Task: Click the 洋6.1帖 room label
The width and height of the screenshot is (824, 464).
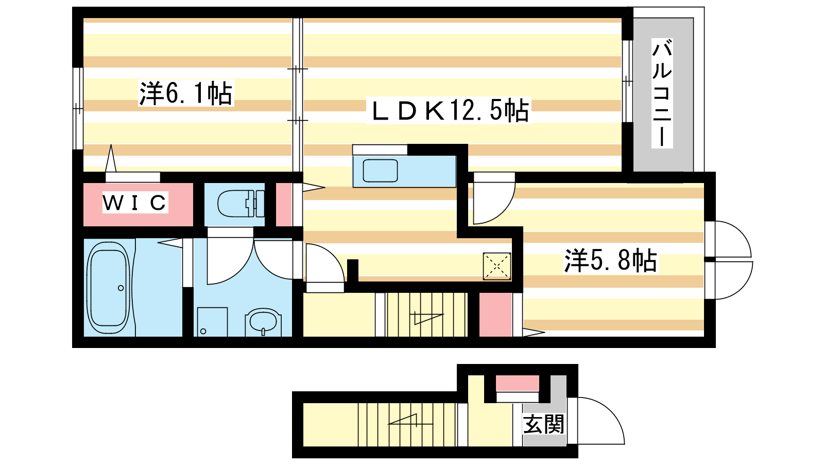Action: pos(186,93)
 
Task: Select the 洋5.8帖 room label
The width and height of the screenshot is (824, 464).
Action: pos(611,260)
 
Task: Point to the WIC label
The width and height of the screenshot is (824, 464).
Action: pos(134,202)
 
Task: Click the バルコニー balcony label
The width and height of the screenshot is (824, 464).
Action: pos(662,93)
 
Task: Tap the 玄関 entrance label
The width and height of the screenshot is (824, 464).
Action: pos(544,424)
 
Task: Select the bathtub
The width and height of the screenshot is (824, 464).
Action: pos(109,288)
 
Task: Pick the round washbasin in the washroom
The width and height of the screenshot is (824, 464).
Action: pos(263,322)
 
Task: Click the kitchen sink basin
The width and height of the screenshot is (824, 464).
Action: pos(381,171)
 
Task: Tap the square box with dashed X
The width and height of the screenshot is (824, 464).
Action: pos(496,266)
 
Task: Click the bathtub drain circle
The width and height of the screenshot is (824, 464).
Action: pos(121,288)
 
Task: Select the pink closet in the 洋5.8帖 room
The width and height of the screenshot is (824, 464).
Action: pos(495,314)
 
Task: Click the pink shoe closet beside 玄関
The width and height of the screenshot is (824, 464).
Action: pos(517,383)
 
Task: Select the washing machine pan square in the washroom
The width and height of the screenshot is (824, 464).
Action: pos(212,322)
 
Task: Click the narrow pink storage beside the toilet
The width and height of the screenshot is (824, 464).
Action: pos(284,204)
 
